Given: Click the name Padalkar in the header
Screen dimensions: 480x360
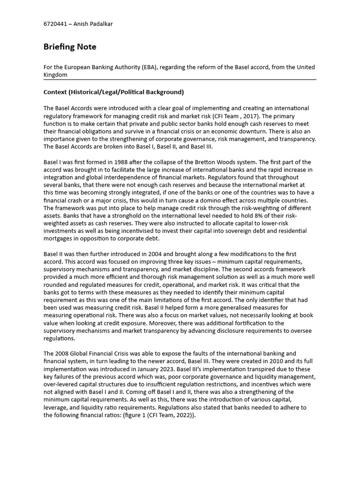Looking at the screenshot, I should [98, 24].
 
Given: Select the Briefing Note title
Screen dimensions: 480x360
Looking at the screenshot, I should [70, 47].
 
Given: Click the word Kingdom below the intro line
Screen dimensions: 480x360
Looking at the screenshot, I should [55, 75].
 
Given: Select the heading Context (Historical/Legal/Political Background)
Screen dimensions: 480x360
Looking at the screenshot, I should [113, 92].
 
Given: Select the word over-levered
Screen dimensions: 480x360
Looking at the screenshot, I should [61, 384].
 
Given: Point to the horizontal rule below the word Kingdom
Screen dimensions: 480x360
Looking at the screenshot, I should [180, 80].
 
